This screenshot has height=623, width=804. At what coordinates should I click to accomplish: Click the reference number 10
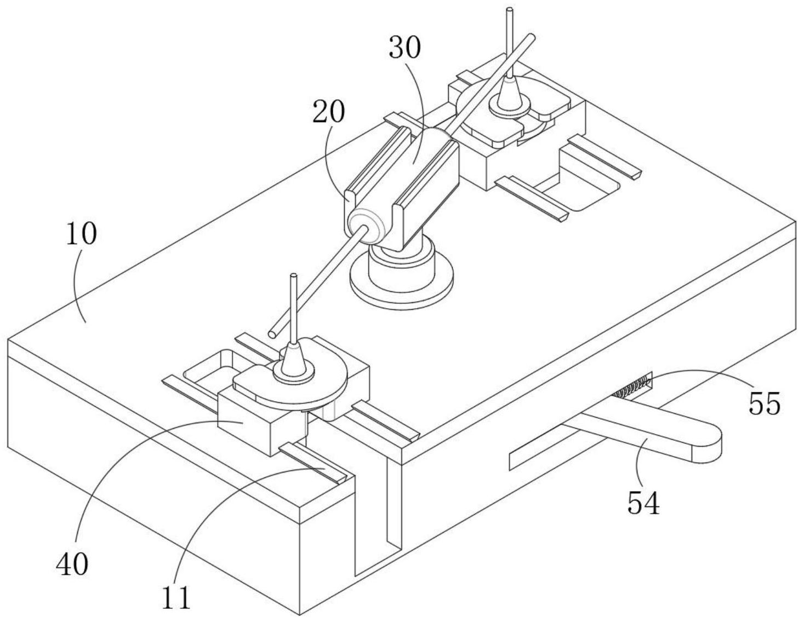point(82,234)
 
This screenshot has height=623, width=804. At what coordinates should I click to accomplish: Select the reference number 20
point(328,112)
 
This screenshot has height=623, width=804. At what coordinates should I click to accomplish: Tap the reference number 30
point(405,48)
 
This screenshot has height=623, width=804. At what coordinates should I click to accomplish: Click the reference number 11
point(176,597)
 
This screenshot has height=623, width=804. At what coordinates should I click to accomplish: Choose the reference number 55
point(765,404)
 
